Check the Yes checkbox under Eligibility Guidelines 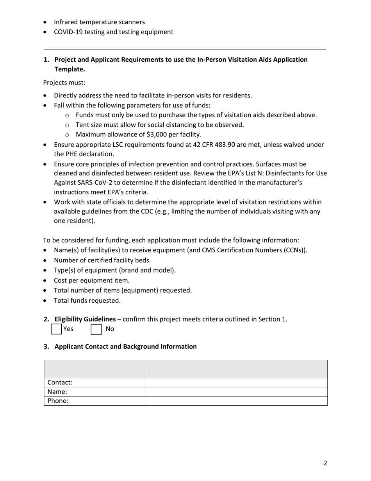tap(56, 329)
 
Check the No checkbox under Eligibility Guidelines tap(96, 329)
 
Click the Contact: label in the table tap(60, 382)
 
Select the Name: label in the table tap(57, 391)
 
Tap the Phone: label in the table tap(58, 401)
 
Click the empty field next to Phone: tap(236, 401)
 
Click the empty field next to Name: tap(236, 391)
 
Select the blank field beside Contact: tap(236, 382)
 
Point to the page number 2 tap(325, 463)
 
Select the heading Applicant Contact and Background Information tap(125, 346)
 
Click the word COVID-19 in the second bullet tap(68, 32)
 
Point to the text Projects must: tap(64, 83)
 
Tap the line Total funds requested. tap(87, 301)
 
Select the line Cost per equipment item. tap(91, 280)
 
